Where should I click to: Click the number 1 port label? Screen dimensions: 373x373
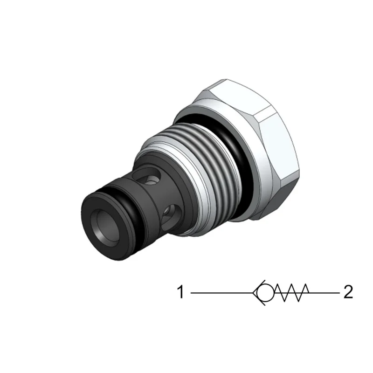181,292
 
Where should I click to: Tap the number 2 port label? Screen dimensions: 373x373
348,292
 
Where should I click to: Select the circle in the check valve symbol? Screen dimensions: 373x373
265,293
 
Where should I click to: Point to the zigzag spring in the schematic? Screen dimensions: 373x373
291,293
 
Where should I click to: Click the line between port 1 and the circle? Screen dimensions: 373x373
222,293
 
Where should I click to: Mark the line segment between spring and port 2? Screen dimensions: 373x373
324,293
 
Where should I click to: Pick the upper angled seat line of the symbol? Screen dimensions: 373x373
259,286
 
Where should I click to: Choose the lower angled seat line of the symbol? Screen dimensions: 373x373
259,299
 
